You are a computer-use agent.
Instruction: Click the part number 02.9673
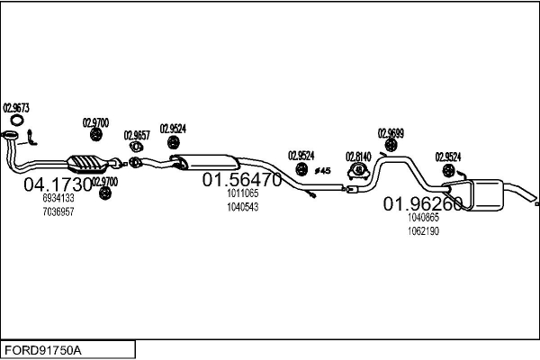[x=17, y=108]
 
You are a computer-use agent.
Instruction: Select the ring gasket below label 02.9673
[x=17, y=121]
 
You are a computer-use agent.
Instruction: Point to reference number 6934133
[x=58, y=199]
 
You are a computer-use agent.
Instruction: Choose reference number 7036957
[x=58, y=211]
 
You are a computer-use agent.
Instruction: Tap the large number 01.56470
[x=242, y=179]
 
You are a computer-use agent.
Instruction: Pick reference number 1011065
[x=242, y=193]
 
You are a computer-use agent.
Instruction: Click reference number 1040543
[x=242, y=207]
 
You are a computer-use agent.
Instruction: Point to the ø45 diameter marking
[x=323, y=170]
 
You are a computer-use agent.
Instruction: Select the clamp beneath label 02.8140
[x=359, y=169]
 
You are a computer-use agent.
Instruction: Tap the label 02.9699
[x=391, y=133]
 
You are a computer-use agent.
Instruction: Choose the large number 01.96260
[x=423, y=203]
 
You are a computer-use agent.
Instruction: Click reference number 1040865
[x=423, y=217]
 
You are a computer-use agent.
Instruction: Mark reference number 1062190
[x=423, y=230]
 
